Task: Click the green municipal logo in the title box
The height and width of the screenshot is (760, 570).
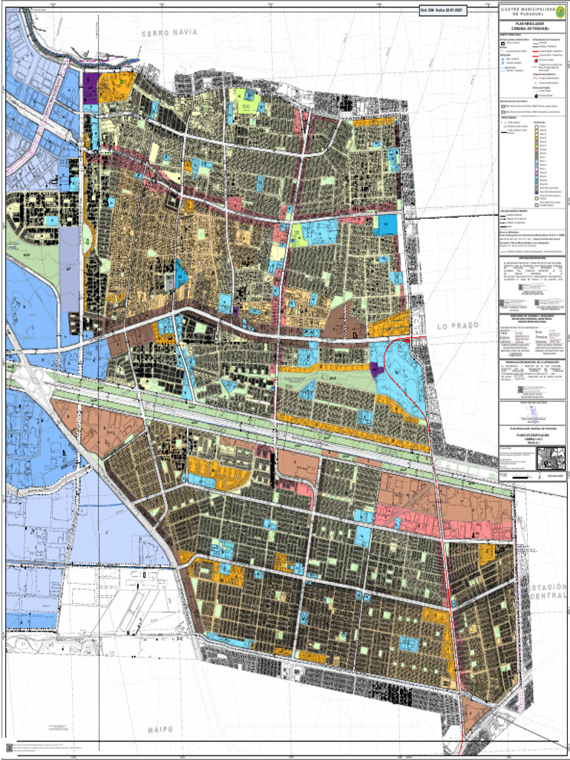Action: [x=559, y=10]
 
